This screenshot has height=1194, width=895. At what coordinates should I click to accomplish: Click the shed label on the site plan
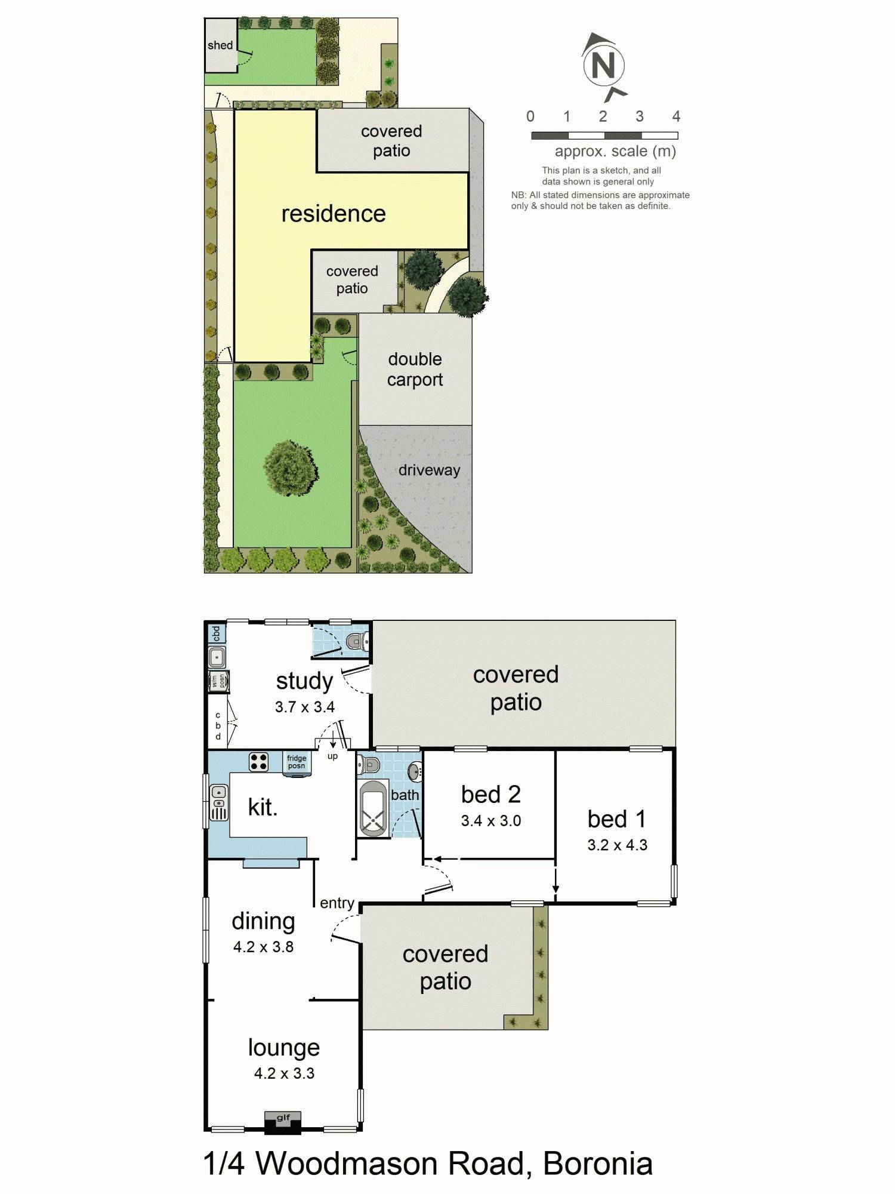click(220, 45)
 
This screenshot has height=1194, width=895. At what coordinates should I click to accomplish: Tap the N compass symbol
click(603, 65)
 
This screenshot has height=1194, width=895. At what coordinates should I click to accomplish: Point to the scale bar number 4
click(676, 116)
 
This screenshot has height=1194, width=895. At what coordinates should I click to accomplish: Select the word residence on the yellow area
click(334, 214)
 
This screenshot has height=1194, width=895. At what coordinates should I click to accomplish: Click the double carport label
click(415, 369)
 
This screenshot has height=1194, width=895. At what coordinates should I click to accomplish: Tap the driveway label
click(429, 470)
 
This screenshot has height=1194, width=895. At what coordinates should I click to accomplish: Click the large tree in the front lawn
click(290, 467)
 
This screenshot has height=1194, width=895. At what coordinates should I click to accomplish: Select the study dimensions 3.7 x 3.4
click(304, 707)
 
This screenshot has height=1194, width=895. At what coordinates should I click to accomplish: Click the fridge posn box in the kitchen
click(297, 763)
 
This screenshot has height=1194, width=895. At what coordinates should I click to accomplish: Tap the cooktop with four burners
click(258, 762)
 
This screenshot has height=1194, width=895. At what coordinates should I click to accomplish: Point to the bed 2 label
click(490, 795)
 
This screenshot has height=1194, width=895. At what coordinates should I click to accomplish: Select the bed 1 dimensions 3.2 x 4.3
click(617, 845)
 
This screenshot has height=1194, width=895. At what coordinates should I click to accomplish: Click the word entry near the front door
click(337, 903)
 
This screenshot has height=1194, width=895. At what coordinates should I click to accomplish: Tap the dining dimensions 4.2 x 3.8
click(263, 947)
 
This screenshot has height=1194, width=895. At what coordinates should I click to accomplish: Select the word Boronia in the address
click(597, 1164)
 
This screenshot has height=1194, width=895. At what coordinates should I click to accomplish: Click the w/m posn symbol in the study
click(218, 681)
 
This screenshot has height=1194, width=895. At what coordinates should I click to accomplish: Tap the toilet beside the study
click(356, 642)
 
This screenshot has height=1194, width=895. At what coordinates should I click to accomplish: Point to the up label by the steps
click(332, 756)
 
